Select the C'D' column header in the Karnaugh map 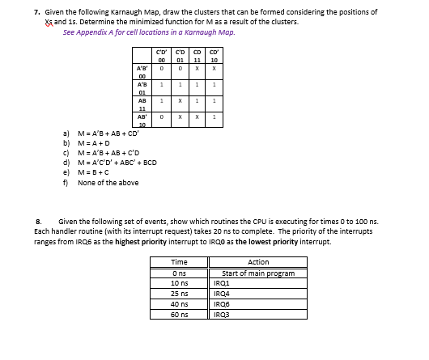pos(162,54)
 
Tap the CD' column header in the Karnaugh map pos(214,54)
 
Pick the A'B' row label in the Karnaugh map pos(142,70)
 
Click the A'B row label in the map pos(142,85)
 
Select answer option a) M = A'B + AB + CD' pos(112,132)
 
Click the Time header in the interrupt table pos(181,262)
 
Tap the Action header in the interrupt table pos(259,262)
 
